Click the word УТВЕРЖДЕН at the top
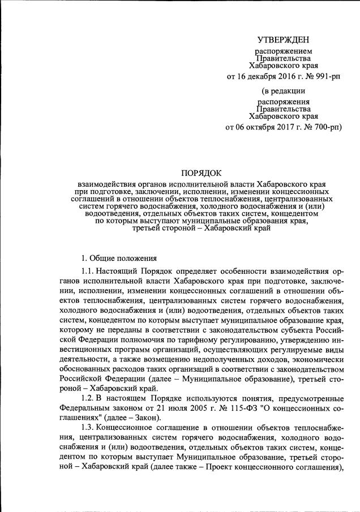pyautogui.click(x=283, y=40)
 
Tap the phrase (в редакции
pyautogui.click(x=283, y=91)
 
